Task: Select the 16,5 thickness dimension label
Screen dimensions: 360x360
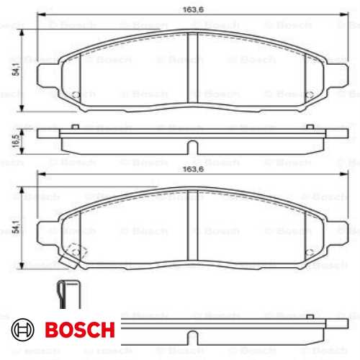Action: [x=15, y=141]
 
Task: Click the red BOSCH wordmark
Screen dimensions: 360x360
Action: [x=78, y=331]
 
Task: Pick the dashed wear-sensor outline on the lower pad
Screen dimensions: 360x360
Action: [x=74, y=252]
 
